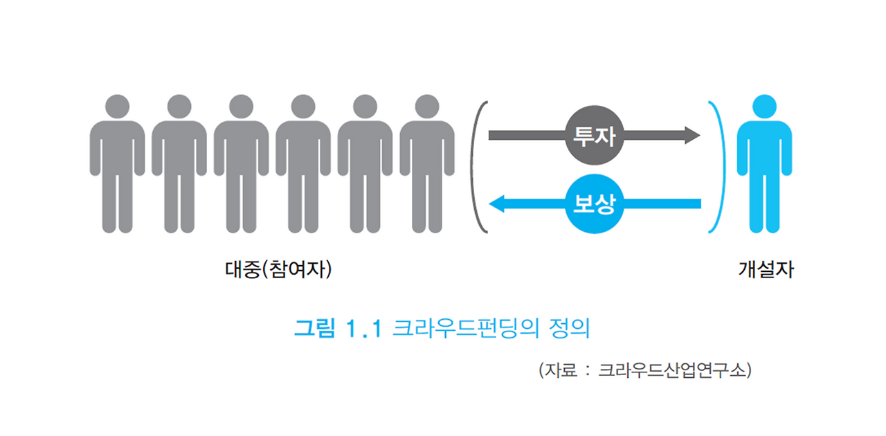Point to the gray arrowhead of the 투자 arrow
click(693, 134)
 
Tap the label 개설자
click(765, 269)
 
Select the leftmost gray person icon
click(117, 166)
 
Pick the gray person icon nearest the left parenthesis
click(427, 166)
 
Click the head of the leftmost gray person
click(117, 107)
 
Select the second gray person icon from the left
click(179, 166)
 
